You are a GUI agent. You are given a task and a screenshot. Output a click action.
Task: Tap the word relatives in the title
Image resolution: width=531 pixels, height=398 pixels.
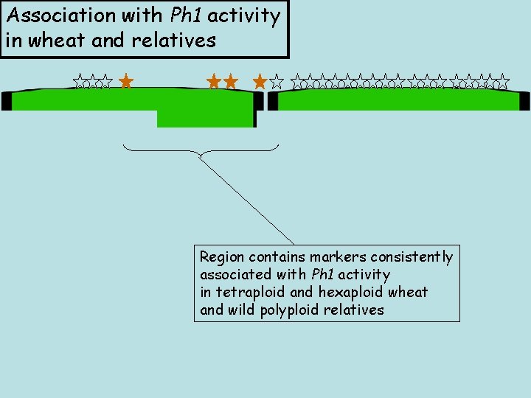pos(174,40)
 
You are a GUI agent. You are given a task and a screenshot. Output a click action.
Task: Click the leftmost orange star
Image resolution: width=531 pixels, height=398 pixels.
pos(125,81)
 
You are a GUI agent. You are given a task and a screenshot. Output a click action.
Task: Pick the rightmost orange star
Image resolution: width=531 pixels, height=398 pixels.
pos(260,81)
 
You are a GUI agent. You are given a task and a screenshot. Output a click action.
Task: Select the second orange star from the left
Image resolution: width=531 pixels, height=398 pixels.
pos(215,81)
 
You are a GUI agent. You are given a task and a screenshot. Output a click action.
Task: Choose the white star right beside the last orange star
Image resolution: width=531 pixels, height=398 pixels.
pos(277,81)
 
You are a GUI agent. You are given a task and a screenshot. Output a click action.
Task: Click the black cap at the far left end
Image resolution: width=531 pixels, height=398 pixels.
pos(6,101)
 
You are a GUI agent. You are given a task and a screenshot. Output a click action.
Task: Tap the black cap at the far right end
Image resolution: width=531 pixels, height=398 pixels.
pos(524,101)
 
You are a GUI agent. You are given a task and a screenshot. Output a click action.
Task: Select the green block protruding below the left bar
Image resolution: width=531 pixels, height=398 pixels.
pos(205,119)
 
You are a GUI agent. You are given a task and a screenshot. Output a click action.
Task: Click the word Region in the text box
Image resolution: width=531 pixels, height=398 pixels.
pos(222,257)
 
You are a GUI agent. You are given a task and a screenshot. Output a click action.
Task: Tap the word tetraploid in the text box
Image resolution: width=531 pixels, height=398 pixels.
pos(251,293)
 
